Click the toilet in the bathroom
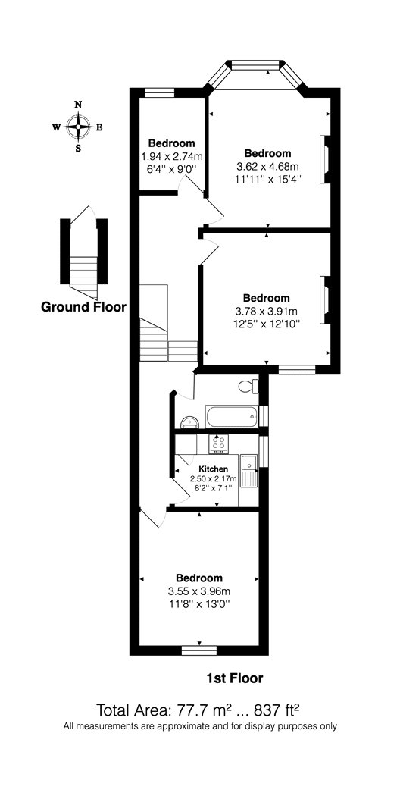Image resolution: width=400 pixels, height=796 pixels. tap(248, 387)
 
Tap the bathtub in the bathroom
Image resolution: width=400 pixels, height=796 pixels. tap(232, 417)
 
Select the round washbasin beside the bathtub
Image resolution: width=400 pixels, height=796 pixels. tap(189, 422)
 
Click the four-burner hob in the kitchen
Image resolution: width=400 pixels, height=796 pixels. tap(219, 443)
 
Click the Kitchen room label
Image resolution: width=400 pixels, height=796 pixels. tap(213, 469)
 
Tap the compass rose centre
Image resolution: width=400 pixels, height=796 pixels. tap(78, 127)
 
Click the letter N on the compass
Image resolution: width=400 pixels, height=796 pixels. tap(78, 105)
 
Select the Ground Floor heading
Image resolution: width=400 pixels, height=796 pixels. tap(83, 306)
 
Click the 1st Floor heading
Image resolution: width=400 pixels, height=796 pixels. tap(235, 677)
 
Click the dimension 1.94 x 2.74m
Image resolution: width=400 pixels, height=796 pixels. tap(171, 156)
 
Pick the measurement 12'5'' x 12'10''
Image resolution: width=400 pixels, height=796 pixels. tap(266, 324)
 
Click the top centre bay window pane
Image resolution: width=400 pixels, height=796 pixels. tap(255, 64)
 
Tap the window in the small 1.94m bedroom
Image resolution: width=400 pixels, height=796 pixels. tap(160, 92)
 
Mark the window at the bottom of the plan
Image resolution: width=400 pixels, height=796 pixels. tap(199, 650)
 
